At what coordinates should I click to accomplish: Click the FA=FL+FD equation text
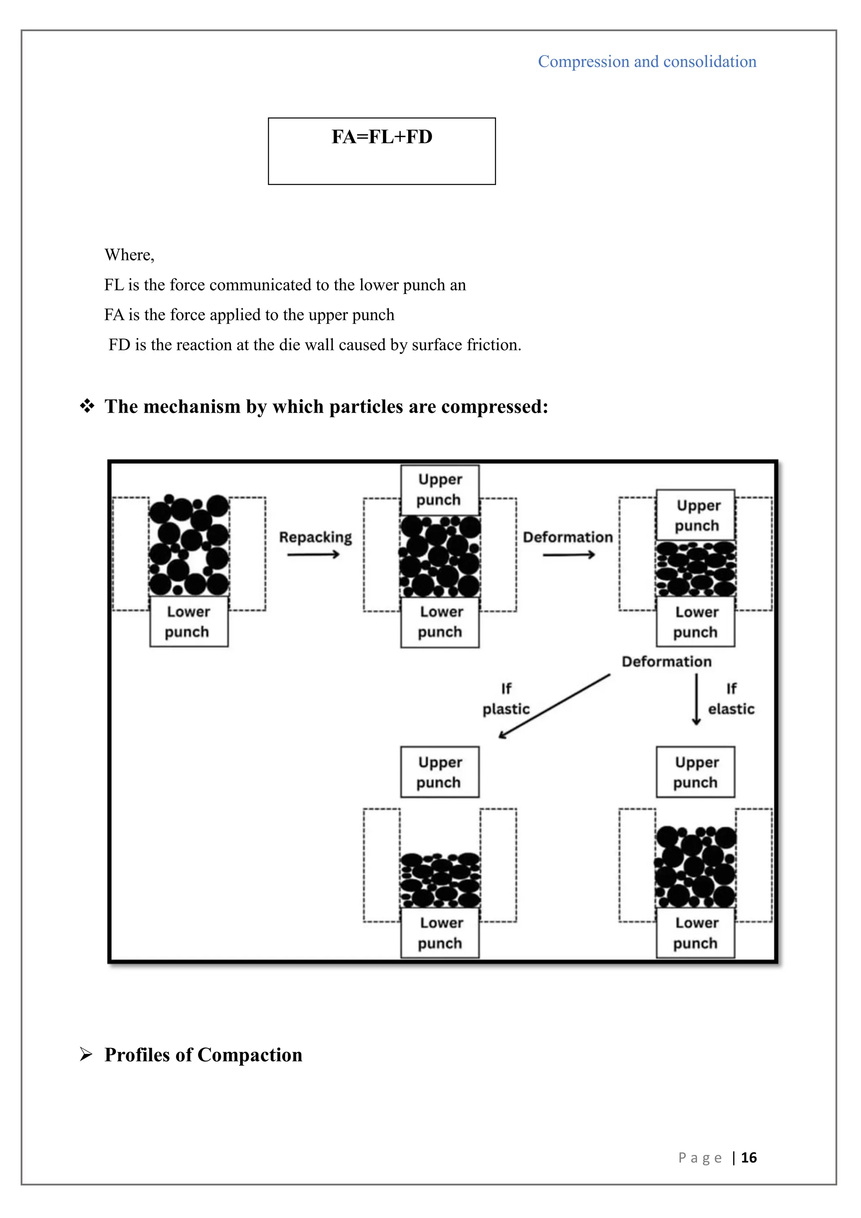coord(382,137)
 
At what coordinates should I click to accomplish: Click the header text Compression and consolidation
coord(647,61)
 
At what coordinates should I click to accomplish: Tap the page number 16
coord(749,1157)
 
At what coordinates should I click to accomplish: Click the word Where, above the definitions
coord(129,255)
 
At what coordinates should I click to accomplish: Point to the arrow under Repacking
coord(313,555)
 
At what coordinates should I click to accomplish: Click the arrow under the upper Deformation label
coord(568,555)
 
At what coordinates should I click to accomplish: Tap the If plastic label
coord(506,699)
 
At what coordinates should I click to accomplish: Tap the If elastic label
coord(731,699)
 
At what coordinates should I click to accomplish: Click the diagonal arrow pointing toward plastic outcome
coord(554,706)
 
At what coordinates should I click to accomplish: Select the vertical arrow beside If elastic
coord(697,699)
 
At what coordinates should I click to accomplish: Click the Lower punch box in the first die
coord(189,622)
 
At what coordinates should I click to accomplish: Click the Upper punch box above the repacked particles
coord(439,490)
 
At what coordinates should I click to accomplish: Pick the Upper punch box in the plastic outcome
coord(439,772)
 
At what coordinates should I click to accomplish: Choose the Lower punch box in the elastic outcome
coord(696,933)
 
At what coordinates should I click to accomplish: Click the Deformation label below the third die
coord(666,662)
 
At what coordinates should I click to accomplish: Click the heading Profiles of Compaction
coord(203,1055)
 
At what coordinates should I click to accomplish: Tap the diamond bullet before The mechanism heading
coord(87,406)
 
